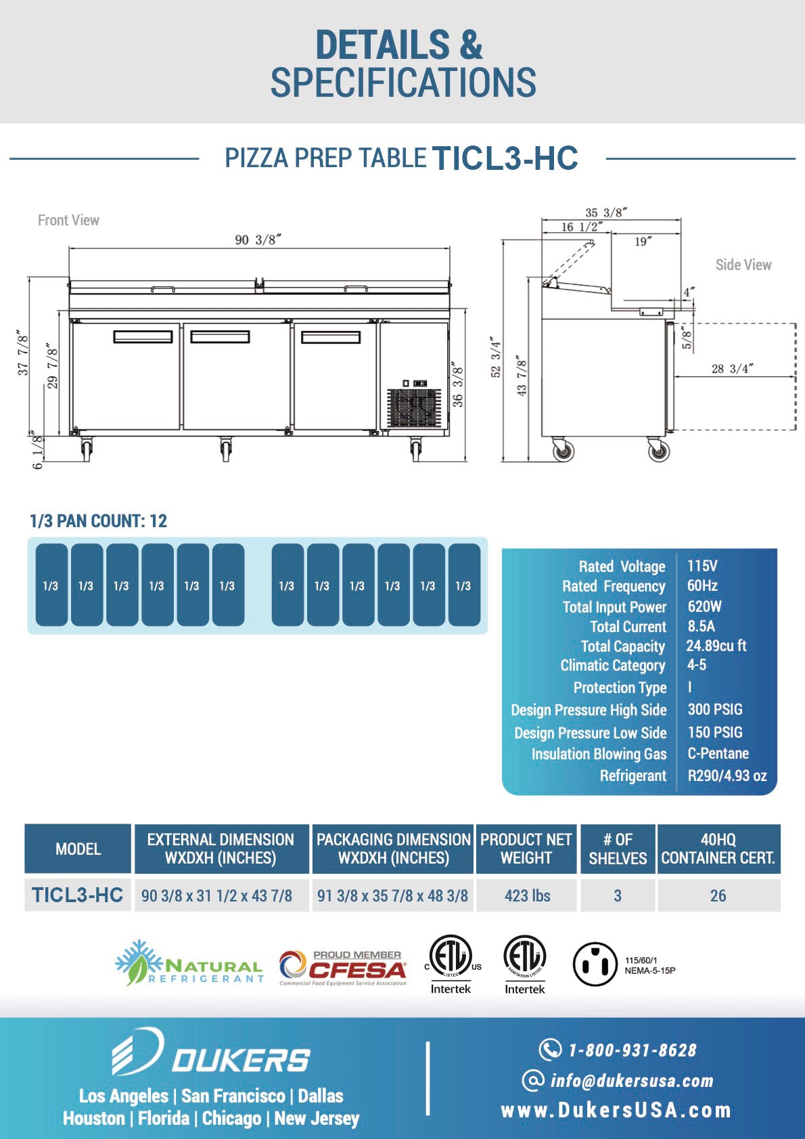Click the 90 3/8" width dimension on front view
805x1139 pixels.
258,240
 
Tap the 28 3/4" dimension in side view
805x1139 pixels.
731,368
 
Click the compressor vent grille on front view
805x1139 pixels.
414,408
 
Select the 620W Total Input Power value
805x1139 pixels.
704,606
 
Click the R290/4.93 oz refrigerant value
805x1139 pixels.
727,776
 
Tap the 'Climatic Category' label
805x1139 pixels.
612,666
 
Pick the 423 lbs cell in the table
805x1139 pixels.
527,895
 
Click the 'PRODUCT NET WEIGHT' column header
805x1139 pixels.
526,849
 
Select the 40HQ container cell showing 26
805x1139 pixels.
718,895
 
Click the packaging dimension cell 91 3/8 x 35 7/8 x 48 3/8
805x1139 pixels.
392,895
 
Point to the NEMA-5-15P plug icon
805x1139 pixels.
595,964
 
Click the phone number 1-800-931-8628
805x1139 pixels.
632,1050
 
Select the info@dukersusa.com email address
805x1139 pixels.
631,1081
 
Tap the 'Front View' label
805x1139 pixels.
68,220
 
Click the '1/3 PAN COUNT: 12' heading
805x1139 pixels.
98,521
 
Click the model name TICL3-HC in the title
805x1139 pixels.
505,158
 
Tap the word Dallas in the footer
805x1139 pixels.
321,1096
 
